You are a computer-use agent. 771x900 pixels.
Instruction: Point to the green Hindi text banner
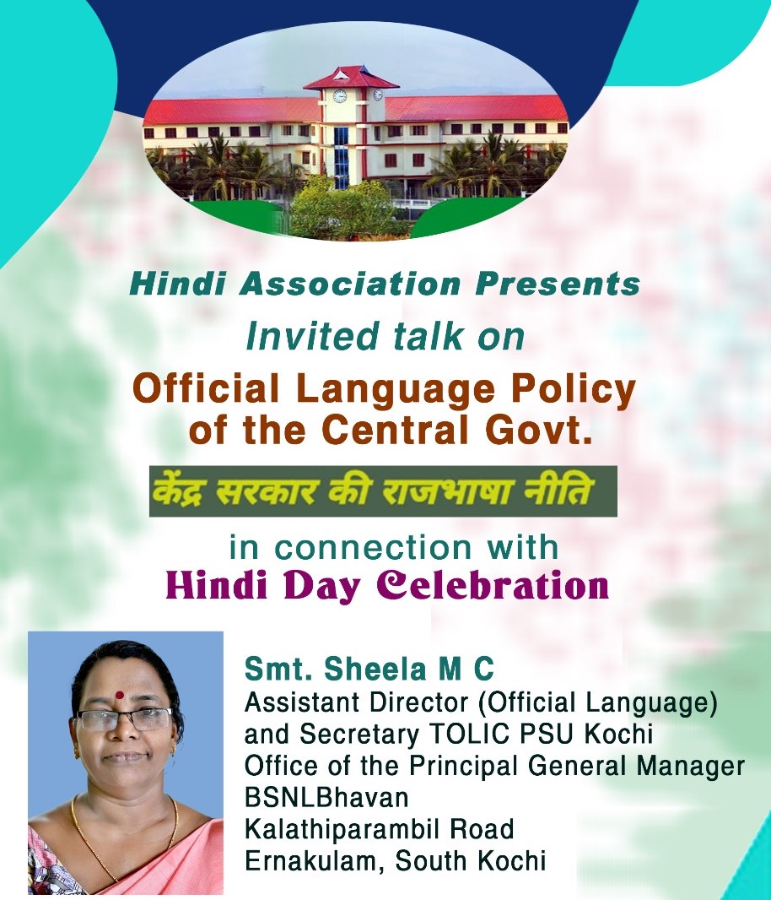point(383,491)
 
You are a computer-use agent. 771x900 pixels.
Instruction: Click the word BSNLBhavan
point(326,797)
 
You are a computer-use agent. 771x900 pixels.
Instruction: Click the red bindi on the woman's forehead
point(119,695)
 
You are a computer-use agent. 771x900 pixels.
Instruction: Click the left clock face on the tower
point(340,96)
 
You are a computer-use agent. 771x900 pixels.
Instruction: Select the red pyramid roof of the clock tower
point(351,78)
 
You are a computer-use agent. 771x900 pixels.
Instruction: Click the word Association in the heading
point(351,285)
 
